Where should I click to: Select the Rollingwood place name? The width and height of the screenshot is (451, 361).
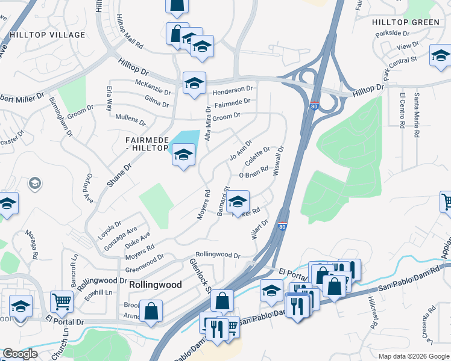(x=155, y=285)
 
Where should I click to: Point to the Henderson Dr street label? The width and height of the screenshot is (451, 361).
(x=233, y=89)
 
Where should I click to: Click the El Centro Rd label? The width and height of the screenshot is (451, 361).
(x=402, y=109)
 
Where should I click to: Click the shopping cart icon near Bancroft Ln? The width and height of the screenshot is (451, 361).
(x=62, y=302)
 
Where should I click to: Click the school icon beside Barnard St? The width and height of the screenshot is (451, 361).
(x=238, y=202)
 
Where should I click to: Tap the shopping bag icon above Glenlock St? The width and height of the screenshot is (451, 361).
(x=222, y=301)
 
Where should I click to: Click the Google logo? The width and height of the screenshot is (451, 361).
(x=20, y=354)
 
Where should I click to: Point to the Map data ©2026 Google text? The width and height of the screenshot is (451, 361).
(x=413, y=356)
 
